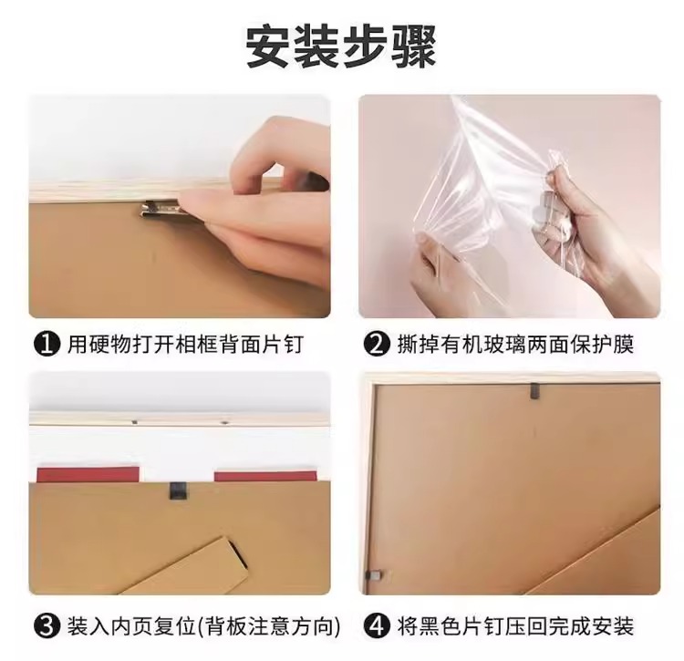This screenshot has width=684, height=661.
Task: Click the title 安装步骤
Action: tap(341, 47)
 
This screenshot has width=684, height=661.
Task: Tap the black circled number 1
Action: tap(47, 345)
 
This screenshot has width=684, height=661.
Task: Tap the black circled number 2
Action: tap(376, 345)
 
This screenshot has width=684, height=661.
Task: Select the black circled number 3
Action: tap(47, 626)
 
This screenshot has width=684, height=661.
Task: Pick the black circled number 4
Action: tap(376, 626)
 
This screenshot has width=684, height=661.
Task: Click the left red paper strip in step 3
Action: tap(88, 474)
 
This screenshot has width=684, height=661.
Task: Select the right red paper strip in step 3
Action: tap(265, 476)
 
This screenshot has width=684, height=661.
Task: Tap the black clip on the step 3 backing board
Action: tap(177, 491)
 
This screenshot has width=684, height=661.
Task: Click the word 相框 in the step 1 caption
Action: tap(196, 345)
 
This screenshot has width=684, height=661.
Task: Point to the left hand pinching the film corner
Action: tap(434, 271)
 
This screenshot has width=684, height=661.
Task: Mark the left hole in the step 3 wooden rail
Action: tap(134, 422)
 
